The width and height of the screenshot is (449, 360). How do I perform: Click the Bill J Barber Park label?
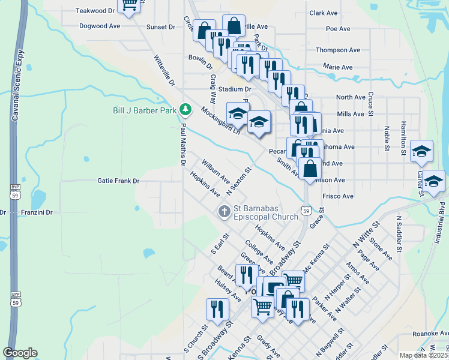pyautogui.click(x=145, y=110)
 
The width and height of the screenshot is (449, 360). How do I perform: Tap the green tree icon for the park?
pyautogui.click(x=186, y=109)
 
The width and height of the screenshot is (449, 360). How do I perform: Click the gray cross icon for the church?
pyautogui.click(x=224, y=211)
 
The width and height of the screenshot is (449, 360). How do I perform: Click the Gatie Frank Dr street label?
pyautogui.click(x=118, y=181)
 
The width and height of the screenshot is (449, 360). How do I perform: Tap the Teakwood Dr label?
pyautogui.click(x=95, y=11)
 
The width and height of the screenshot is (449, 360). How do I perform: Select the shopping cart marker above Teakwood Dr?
pyautogui.click(x=129, y=5)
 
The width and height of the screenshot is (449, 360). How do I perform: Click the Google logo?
pyautogui.click(x=20, y=352)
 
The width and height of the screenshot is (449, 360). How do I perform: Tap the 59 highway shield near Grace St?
pyautogui.click(x=306, y=211)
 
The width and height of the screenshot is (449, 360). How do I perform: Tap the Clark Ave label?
pyautogui.click(x=324, y=13)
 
